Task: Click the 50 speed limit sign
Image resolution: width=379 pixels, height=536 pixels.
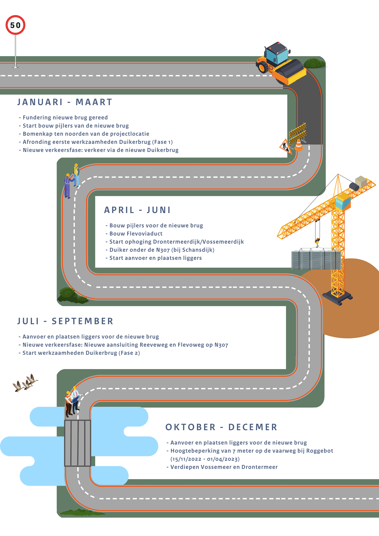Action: [x=15, y=25]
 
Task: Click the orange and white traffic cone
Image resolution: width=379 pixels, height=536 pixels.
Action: [x=299, y=145]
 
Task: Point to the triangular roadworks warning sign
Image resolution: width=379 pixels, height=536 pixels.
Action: [x=286, y=146]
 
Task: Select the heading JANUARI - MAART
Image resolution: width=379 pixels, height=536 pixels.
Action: [x=65, y=102]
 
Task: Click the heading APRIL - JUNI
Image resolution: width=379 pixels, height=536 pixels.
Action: [x=137, y=210]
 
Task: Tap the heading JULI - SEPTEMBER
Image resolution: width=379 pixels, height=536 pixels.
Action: [x=65, y=321]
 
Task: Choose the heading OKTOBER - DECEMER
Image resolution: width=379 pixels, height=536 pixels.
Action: [x=221, y=427]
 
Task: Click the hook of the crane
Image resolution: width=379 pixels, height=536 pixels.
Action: [x=317, y=242]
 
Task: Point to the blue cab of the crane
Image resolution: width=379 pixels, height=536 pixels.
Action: [x=343, y=202]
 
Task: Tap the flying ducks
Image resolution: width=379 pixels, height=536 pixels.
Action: [x=25, y=383]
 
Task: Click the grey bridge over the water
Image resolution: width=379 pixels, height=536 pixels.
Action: [x=78, y=443]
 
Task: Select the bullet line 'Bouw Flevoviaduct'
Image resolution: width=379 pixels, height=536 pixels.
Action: [x=134, y=234]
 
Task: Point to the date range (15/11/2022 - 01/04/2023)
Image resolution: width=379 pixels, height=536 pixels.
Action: [x=205, y=459]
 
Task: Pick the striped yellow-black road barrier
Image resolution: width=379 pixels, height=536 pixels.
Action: [x=298, y=133]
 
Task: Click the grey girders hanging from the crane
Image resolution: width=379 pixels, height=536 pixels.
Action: [x=316, y=260]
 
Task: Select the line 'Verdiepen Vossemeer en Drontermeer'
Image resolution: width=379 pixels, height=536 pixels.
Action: [x=222, y=467]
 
